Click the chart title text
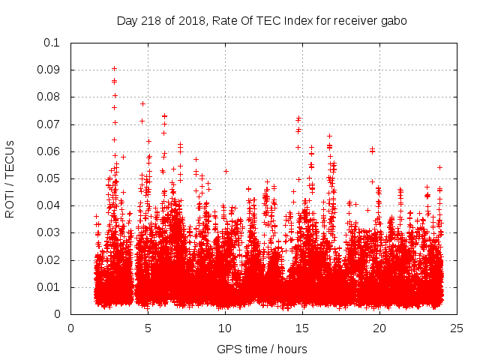click(x=262, y=21)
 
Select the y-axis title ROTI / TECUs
click(x=10, y=178)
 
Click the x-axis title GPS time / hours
click(x=262, y=349)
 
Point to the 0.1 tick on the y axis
click(x=52, y=43)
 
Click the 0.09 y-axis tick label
click(x=49, y=70)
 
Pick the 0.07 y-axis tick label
click(x=49, y=124)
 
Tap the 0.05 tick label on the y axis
click(x=49, y=178)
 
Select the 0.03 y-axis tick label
click(x=49, y=233)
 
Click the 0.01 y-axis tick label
click(x=49, y=287)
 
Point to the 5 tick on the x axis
click(x=148, y=328)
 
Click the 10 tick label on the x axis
click(x=225, y=328)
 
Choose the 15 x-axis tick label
click(x=302, y=328)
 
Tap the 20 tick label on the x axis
click(x=379, y=328)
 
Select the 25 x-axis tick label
click(x=457, y=328)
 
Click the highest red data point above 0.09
click(x=114, y=68)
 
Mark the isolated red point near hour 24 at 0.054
click(x=440, y=167)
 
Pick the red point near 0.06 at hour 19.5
click(x=373, y=150)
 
